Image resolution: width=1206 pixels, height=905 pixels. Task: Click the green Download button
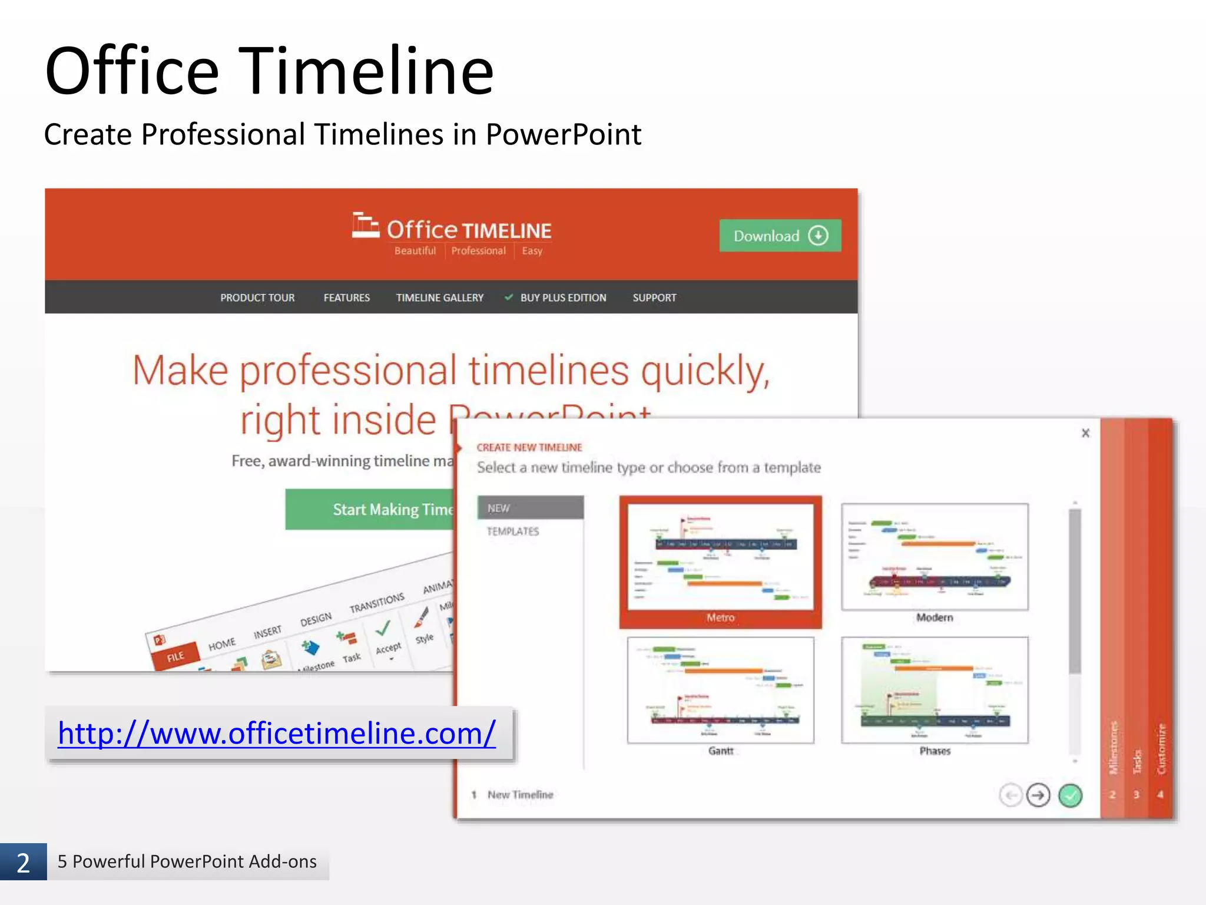tap(780, 236)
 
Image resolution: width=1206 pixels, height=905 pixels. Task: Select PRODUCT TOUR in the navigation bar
tap(257, 298)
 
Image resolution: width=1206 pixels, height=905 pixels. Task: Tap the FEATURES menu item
tap(346, 298)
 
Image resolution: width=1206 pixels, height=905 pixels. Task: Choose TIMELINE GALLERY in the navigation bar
tap(439, 298)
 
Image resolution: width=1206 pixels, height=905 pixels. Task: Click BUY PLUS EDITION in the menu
tap(562, 298)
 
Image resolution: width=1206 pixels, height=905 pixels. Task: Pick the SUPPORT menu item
tap(654, 298)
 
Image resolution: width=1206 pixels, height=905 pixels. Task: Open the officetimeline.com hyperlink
tap(277, 733)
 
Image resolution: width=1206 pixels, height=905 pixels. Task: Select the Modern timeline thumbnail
tap(935, 557)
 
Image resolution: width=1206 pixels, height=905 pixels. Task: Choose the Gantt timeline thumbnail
tap(720, 690)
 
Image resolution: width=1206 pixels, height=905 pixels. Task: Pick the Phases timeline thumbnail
tap(935, 690)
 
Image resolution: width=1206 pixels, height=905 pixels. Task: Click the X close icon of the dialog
tap(1085, 433)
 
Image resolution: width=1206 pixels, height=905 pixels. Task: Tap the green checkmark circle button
tap(1070, 795)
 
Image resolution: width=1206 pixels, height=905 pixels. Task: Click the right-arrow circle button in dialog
tap(1038, 795)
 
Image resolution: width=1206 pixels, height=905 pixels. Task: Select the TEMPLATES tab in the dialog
tap(513, 531)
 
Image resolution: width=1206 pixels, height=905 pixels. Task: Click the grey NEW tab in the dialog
tap(530, 508)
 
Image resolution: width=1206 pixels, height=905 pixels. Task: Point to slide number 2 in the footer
tap(23, 863)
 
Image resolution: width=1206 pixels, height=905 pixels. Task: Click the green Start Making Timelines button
tap(371, 509)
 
